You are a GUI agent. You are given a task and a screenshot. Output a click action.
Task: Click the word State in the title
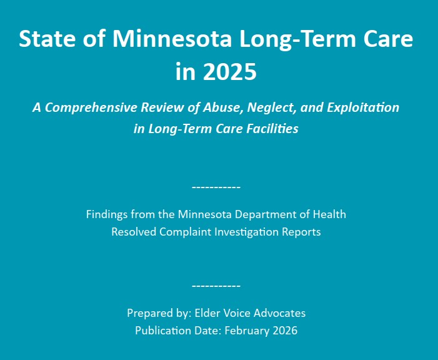47,39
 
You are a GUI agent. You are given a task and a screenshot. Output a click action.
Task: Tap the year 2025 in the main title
229,71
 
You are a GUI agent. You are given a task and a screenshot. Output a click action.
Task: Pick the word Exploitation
363,107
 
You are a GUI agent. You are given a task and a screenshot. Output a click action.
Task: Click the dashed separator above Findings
216,187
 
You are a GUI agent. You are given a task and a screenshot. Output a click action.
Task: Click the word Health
329,214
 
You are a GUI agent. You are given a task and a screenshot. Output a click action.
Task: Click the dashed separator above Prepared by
216,286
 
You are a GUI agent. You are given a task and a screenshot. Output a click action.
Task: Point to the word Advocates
279,313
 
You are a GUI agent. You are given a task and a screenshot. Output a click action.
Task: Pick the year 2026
285,331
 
